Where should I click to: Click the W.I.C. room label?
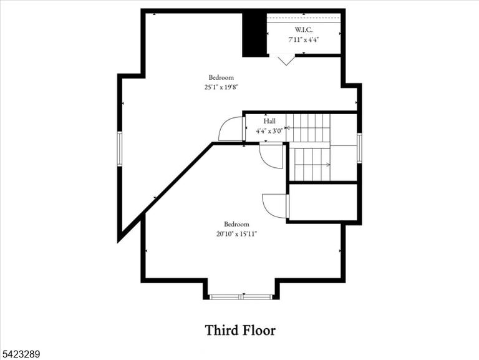(x=303, y=30)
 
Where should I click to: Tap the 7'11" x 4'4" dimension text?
(x=304, y=39)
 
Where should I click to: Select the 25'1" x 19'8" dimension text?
(x=221, y=87)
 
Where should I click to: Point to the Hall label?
(x=269, y=121)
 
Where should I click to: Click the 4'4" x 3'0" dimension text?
(x=269, y=131)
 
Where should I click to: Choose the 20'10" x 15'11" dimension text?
(x=237, y=234)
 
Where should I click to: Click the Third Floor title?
(x=240, y=330)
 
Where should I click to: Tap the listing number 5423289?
(x=20, y=354)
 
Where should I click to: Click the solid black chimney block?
(x=254, y=34)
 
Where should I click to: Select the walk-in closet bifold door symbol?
(x=286, y=60)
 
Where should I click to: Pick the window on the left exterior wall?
(x=120, y=149)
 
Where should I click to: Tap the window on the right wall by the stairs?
(x=359, y=148)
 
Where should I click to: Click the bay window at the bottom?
(x=241, y=297)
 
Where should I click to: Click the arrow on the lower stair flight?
(x=312, y=165)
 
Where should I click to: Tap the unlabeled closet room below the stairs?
(x=323, y=202)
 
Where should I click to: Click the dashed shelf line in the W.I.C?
(x=304, y=18)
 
